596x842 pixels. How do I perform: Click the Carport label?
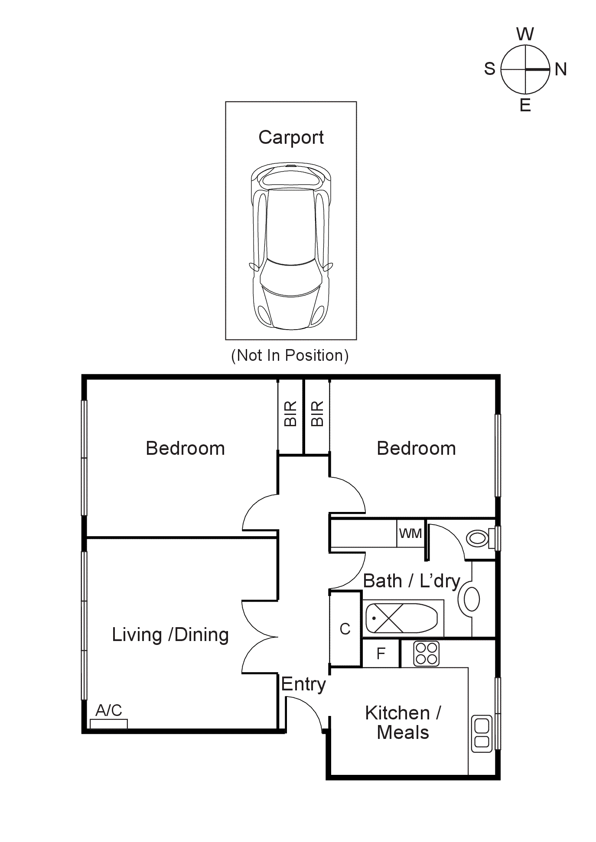pos(291,137)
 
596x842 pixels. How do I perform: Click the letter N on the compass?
pos(560,69)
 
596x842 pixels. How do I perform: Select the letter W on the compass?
pos(525,34)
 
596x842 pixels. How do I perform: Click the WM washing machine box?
pos(410,533)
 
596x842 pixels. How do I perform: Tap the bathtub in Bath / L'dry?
pos(401,618)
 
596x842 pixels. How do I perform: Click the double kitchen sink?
pos(482,733)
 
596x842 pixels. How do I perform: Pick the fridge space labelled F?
pos(381,653)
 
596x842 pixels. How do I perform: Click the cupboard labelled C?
pos(345,629)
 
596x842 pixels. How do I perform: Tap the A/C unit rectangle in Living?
pos(108,724)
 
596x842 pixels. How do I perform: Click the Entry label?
pos(303,684)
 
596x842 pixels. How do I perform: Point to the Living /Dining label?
pos(170,635)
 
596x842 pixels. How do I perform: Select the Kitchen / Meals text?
pos(403,722)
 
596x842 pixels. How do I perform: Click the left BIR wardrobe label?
pos(290,413)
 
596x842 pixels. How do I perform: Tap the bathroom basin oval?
pos(472,599)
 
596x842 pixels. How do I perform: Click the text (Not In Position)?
pos(290,355)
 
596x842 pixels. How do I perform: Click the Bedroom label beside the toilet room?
pos(416,448)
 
